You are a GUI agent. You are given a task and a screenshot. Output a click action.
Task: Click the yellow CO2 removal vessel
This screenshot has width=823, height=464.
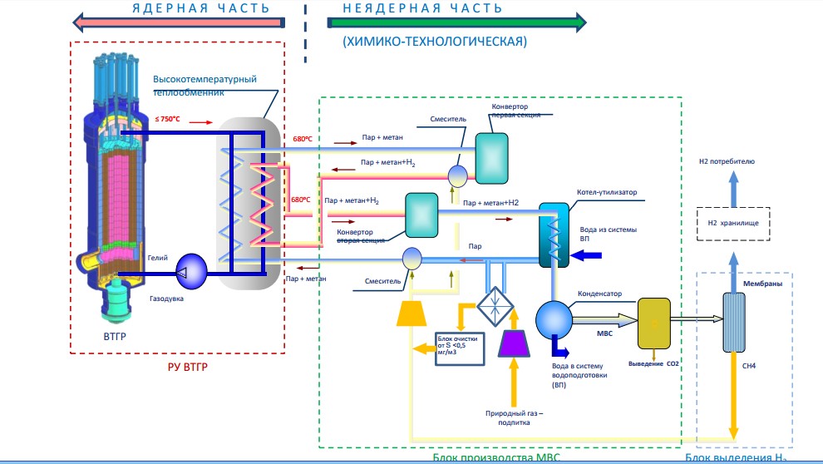(x=653, y=321)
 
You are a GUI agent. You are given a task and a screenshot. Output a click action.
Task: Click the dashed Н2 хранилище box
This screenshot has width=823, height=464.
(x=733, y=223)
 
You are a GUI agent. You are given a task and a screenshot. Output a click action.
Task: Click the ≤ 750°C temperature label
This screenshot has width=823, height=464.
(x=168, y=120)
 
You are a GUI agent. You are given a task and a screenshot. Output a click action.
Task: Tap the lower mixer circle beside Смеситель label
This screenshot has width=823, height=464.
(x=411, y=259)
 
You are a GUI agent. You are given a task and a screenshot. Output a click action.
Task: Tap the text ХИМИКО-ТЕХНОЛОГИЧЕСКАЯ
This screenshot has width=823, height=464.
(x=434, y=40)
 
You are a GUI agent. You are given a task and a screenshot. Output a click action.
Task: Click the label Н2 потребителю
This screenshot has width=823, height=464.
(x=733, y=161)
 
